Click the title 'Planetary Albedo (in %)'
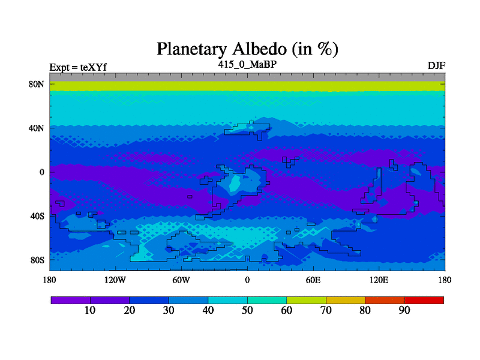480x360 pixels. tap(247, 49)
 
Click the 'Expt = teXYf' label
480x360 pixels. tap(78, 67)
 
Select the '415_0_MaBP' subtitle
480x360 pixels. tap(247, 64)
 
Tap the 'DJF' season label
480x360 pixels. tap(436, 65)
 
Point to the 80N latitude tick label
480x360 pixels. tap(37, 84)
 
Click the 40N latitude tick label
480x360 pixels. tap(37, 128)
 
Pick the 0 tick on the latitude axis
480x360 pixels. tap(42, 172)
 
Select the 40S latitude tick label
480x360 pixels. tap(37, 216)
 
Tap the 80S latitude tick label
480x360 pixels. tap(37, 260)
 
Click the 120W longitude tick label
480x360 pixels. tap(115, 280)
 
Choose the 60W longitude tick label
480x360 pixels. tap(181, 280)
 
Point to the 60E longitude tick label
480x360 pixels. tap(313, 280)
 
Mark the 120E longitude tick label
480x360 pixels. tap(379, 280)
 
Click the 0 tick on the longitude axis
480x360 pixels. tap(247, 280)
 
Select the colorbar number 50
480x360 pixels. tap(247, 310)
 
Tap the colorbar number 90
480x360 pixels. tap(404, 310)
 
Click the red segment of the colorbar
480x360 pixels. tap(424, 301)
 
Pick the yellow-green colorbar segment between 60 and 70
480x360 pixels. tap(307, 301)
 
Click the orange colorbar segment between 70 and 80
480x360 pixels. tap(346, 301)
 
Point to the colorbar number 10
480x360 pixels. tap(90, 310)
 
